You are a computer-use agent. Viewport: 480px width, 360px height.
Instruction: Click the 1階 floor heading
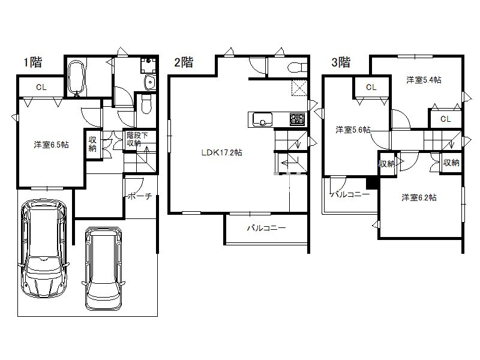pos(33,62)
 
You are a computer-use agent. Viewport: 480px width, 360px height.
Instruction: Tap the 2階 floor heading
pos(184,62)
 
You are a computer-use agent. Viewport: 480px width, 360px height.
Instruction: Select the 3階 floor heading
pos(341,62)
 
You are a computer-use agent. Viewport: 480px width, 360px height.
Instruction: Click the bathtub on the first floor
pos(76,78)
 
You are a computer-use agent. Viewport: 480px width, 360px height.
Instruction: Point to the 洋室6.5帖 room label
pos(51,145)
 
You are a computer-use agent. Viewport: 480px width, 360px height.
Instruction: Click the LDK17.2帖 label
pos(221,152)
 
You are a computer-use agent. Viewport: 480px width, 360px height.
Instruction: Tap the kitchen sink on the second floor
pos(262,119)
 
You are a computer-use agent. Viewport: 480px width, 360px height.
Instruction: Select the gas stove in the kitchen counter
pos(297,119)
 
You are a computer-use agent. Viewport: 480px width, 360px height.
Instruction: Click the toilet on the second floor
pos(297,67)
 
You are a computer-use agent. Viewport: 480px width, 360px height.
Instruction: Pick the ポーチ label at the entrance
pos(140,196)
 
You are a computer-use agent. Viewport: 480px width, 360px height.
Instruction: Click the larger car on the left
pos(43,248)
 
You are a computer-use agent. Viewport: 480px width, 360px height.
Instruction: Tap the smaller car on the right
pos(103,268)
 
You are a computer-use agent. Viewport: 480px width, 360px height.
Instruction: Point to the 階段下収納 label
pos(137,139)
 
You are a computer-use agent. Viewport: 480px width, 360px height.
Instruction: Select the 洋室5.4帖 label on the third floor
pos(424,80)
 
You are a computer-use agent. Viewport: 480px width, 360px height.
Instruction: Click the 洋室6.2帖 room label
pos(419,197)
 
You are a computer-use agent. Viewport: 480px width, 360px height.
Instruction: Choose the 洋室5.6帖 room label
pos(353,130)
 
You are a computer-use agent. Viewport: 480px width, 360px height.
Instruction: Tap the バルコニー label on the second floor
pos(266,228)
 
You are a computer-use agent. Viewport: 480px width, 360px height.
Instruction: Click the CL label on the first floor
pos(41,87)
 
